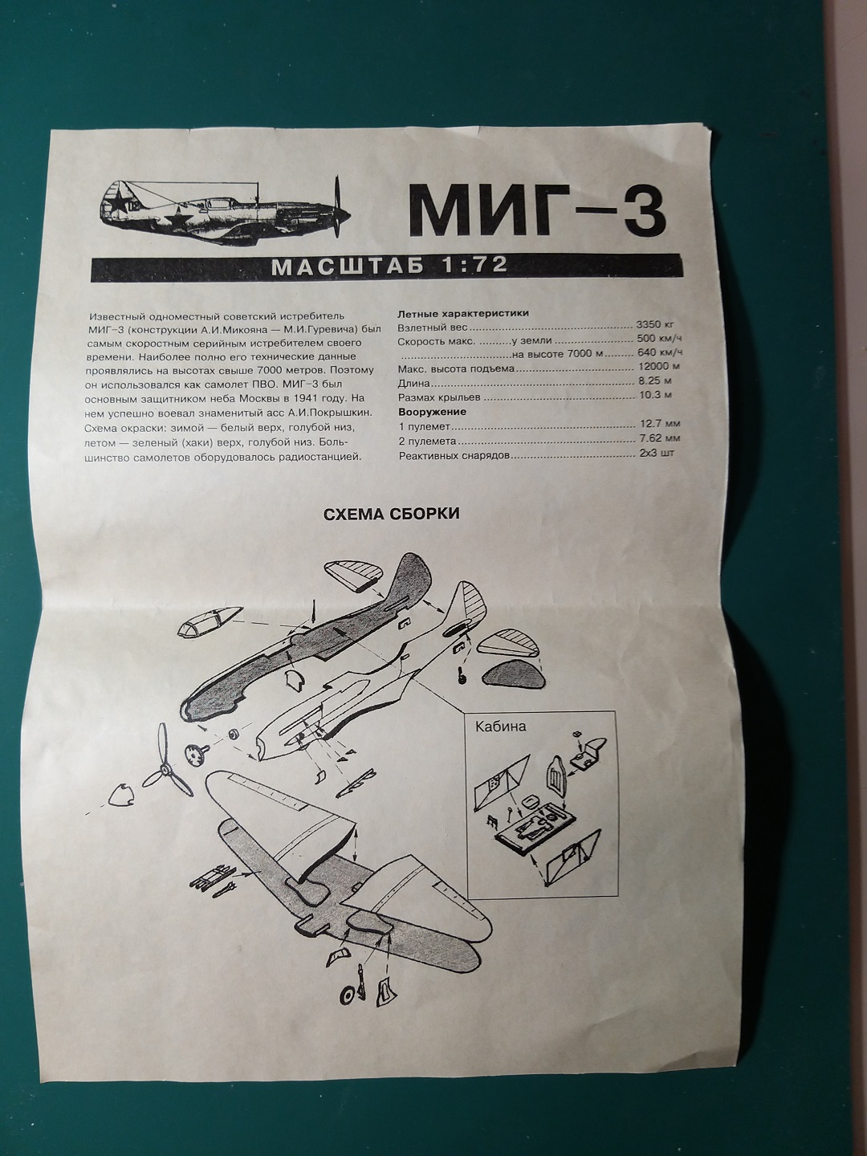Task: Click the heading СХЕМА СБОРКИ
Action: [x=391, y=514]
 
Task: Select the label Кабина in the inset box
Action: [x=501, y=727]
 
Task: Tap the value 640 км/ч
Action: [x=661, y=354]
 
